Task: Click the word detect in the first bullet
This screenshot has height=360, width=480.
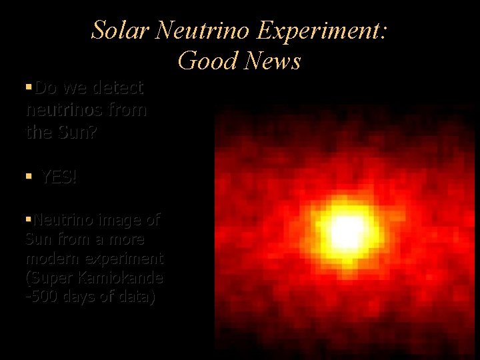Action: point(117,88)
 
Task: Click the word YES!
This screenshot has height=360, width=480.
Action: point(59,177)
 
